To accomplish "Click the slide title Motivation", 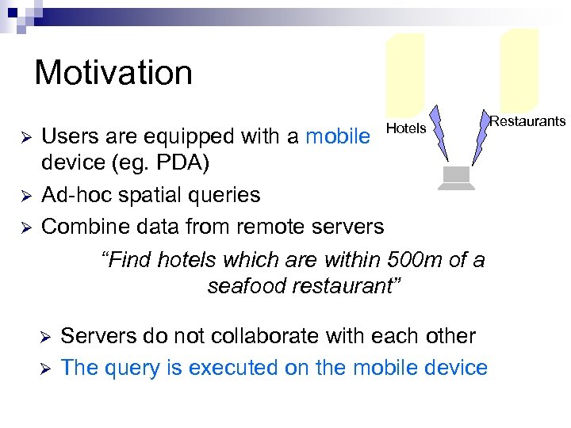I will tap(113, 73).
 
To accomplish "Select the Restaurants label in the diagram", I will tap(527, 121).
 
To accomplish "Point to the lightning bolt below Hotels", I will tap(439, 135).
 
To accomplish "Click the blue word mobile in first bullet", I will tap(337, 136).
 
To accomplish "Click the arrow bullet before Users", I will tap(24, 137).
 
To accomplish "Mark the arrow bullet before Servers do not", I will tap(44, 337).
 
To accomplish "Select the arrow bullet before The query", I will tap(44, 369).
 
